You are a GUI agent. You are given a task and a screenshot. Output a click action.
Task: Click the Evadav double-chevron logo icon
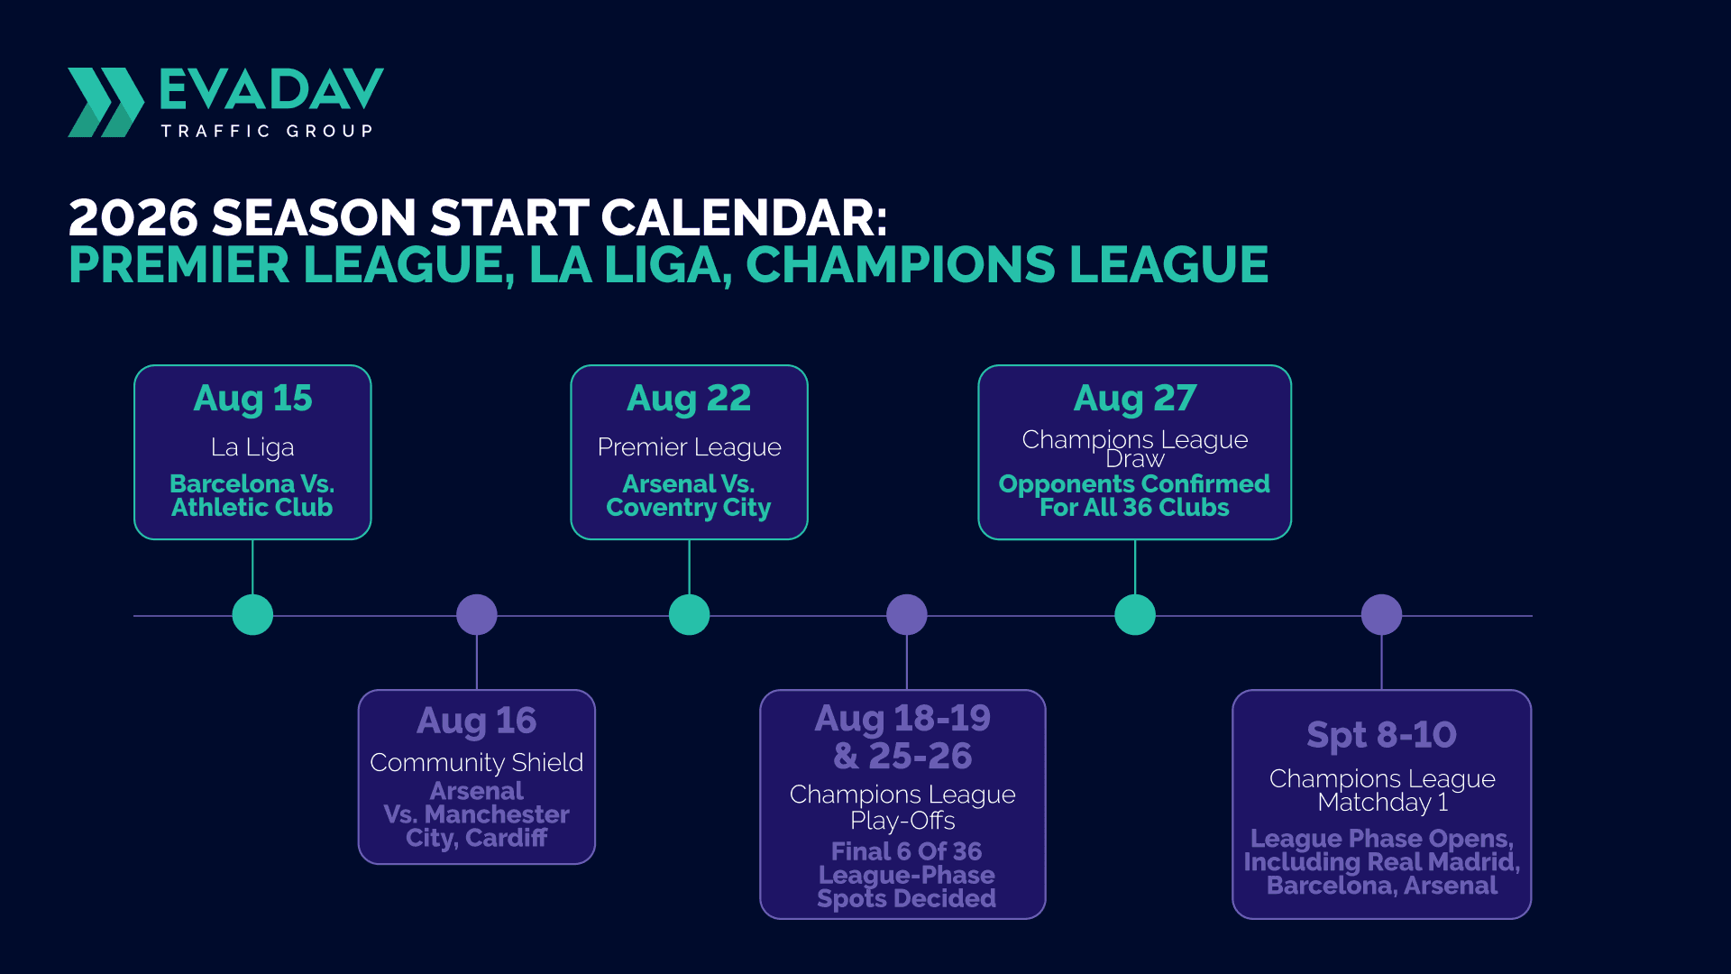[x=105, y=102]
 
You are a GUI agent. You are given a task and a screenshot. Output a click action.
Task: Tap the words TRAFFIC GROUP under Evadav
[x=267, y=131]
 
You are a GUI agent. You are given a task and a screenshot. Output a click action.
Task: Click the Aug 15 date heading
[x=252, y=399]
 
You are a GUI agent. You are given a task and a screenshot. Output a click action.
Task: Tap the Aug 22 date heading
[x=689, y=399]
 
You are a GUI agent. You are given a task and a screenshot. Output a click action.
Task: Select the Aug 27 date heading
[x=1135, y=399]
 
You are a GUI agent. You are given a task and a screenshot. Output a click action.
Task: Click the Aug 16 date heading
[x=477, y=721]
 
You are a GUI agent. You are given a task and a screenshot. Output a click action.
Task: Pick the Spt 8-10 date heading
[x=1381, y=735]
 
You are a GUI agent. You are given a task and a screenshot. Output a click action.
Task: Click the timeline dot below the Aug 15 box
[x=252, y=615]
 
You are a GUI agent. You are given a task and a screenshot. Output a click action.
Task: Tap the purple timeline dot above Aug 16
[x=477, y=615]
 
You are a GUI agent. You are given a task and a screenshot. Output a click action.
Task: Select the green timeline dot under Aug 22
[x=690, y=615]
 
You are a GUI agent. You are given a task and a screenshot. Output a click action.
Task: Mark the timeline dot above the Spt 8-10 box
[x=1381, y=615]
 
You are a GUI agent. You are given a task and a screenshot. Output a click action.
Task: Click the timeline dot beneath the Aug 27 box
[x=1135, y=615]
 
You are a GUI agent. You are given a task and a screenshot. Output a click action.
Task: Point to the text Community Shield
[x=477, y=763]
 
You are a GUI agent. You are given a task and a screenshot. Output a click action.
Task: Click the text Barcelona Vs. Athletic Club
[x=252, y=496]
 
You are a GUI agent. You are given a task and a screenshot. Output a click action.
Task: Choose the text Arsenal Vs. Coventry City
[x=689, y=496]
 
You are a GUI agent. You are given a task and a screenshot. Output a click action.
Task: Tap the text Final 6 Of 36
[x=907, y=851]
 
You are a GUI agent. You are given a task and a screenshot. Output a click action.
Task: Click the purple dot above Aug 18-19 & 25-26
[x=907, y=615]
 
